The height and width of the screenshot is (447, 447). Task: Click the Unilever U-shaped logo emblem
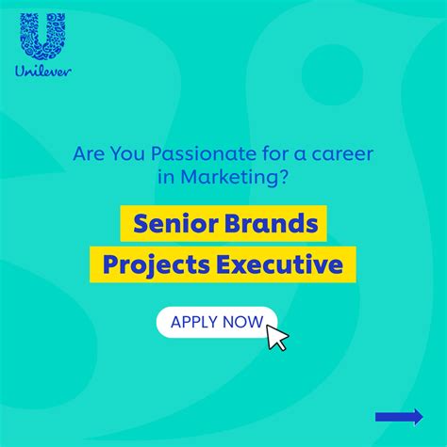[x=42, y=37]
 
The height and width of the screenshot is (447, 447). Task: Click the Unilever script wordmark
[x=43, y=72]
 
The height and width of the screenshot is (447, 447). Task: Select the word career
[x=342, y=154]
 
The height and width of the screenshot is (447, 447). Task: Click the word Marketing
[x=229, y=177]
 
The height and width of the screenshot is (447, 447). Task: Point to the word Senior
[x=175, y=223]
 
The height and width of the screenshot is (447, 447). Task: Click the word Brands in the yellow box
[x=272, y=223]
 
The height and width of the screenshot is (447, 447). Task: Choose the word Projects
[x=157, y=265]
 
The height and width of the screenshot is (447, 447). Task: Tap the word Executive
[x=279, y=264]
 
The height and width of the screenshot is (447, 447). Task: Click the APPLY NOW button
[x=217, y=322]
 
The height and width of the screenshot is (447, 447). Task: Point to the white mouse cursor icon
[x=277, y=338]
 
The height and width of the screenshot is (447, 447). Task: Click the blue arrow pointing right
[x=399, y=417]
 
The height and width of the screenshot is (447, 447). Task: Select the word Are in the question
[x=87, y=153]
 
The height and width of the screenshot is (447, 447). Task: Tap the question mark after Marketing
[x=283, y=177]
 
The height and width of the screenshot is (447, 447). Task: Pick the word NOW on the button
[x=242, y=322]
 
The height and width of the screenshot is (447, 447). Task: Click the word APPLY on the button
[x=194, y=322]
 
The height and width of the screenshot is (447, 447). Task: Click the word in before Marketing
[x=166, y=177]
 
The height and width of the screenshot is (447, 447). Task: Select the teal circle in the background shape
[x=332, y=74]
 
